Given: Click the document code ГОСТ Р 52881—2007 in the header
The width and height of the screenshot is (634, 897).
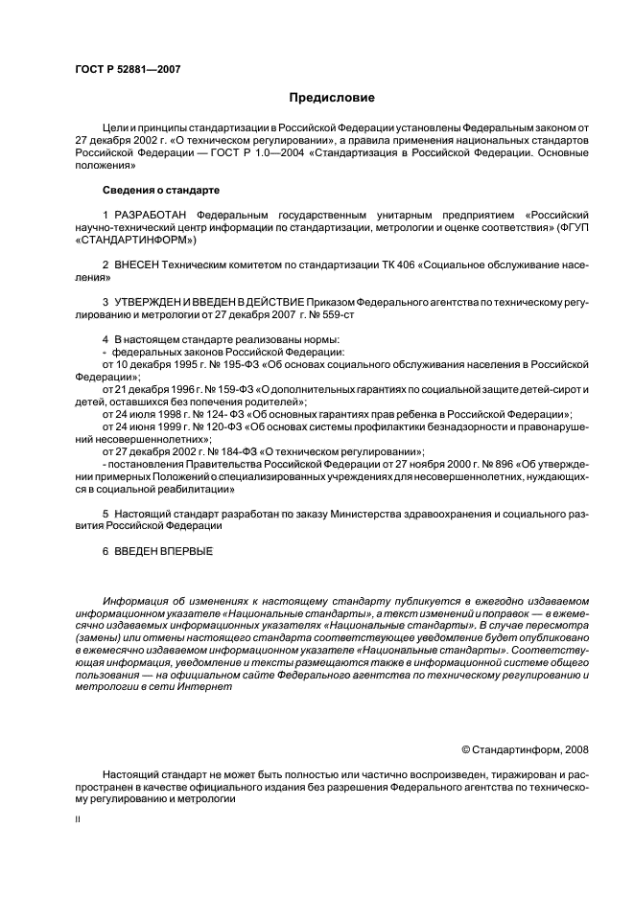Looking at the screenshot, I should (x=128, y=70).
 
